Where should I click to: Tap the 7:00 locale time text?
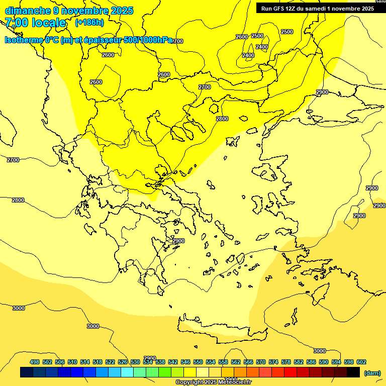[36, 23]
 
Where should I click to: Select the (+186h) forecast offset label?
[89, 23]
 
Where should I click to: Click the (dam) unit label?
[372, 372]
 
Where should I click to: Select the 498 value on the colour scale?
[35, 362]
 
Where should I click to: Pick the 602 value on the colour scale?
[361, 362]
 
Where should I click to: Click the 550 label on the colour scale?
[198, 362]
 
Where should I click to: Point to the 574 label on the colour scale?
[273, 362]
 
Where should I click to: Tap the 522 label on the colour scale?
[110, 362]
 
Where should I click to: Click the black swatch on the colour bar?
[353, 372]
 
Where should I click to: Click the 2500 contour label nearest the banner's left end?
[257, 36]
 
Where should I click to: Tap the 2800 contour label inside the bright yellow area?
[222, 119]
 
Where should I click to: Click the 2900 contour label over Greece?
[178, 241]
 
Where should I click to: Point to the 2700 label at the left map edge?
[13, 160]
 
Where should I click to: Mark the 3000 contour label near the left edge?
[18, 308]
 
